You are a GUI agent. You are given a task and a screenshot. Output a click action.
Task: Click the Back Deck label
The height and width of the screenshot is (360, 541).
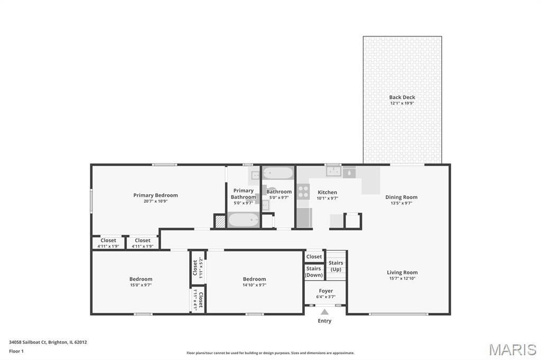pos(402,97)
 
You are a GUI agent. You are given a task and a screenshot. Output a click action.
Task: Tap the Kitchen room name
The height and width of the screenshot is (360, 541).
pos(327,193)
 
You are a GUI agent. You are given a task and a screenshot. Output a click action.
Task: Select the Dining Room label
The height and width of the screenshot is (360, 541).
pos(402,197)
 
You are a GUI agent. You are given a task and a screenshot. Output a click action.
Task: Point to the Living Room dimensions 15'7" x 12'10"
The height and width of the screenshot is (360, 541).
pos(402,278)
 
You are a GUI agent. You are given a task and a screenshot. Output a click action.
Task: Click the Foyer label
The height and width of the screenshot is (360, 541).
pos(325,291)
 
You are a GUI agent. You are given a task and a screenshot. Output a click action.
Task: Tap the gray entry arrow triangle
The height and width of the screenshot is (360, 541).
pos(325,312)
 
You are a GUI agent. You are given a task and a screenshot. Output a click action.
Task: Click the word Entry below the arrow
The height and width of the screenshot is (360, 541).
pos(324,321)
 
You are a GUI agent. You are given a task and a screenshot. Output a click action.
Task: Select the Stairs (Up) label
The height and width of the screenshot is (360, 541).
pos(335,266)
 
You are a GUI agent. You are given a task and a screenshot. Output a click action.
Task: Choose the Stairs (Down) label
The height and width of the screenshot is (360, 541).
pos(314,272)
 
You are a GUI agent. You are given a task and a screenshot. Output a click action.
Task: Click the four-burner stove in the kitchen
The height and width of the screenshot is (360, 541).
pos(303,192)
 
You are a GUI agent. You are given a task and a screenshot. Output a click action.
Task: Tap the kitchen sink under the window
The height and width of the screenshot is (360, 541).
pos(334,172)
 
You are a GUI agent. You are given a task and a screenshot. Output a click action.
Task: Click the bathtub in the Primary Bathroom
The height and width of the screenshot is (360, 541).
pos(243,220)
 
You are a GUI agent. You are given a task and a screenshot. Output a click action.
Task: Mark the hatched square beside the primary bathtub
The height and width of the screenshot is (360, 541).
pos(220,221)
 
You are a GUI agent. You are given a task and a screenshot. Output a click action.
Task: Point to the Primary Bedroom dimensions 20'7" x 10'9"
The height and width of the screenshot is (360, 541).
pos(156,201)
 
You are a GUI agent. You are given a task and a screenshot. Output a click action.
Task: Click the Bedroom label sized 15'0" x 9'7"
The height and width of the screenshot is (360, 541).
pos(141,279)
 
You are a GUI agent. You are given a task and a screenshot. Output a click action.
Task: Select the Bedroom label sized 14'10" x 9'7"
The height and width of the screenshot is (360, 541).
pos(254,279)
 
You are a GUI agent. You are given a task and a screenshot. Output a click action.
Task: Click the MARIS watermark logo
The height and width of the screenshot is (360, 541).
pos(512,349)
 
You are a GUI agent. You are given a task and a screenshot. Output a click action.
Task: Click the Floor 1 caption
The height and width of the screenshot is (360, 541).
pos(16,352)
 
